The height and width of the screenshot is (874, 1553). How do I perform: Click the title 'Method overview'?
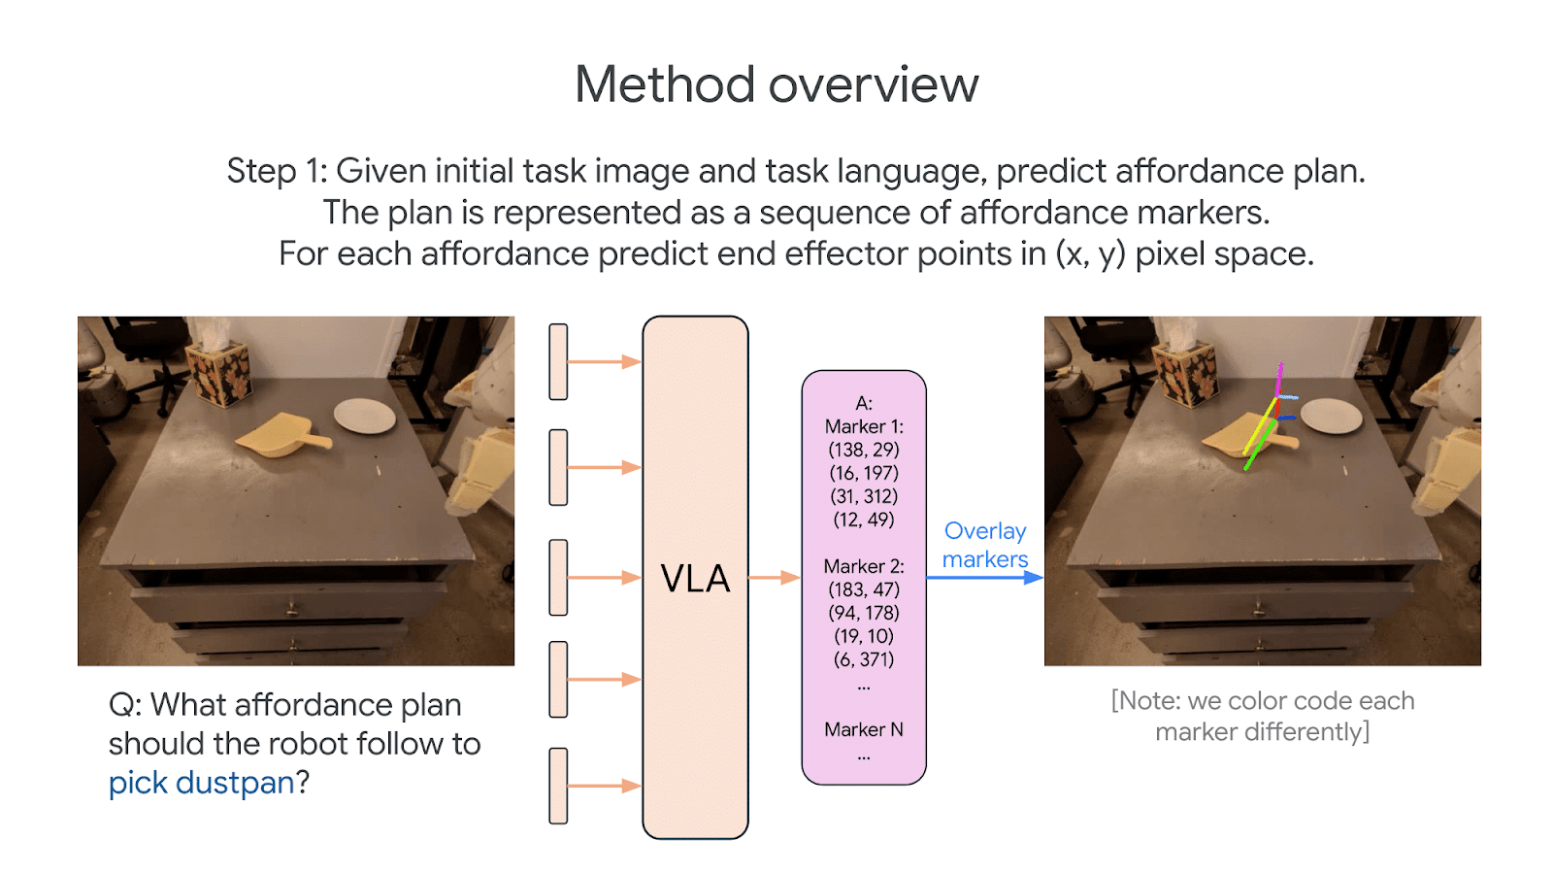coord(776,84)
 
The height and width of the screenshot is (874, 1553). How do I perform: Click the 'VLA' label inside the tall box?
coord(695,579)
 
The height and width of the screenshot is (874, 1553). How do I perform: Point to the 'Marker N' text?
coord(863,729)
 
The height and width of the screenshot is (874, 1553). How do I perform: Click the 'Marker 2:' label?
coord(863,566)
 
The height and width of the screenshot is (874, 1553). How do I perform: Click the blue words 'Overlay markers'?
coord(984,545)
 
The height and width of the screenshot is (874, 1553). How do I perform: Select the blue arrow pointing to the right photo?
coord(984,578)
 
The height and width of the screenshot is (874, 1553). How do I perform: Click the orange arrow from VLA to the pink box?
coord(775,578)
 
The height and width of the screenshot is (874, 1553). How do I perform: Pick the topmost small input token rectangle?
coord(558,362)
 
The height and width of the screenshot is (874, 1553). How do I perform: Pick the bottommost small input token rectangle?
coord(558,786)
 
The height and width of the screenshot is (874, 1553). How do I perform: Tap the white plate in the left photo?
coord(365,416)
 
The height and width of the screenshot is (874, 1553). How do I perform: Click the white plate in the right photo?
coord(1332,416)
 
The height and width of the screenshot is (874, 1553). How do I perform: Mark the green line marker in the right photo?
coord(1259,445)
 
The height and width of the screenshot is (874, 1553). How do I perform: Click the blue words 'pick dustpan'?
coord(201,783)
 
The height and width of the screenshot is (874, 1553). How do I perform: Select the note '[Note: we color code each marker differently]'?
coord(1262,716)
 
